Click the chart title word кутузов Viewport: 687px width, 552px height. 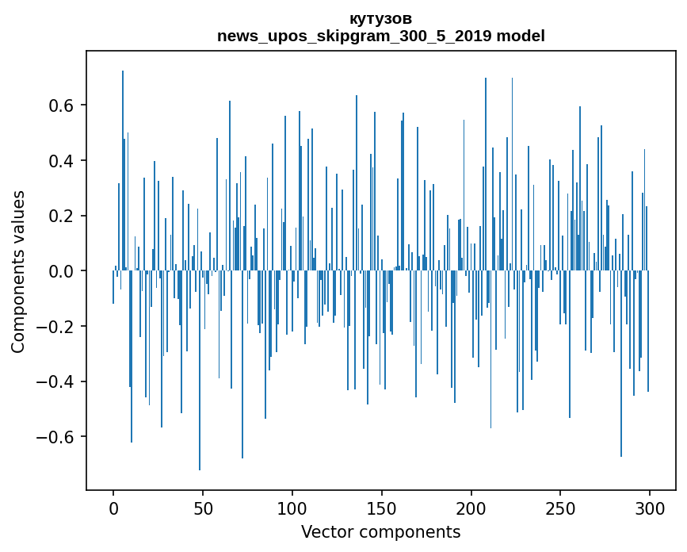(x=380, y=19)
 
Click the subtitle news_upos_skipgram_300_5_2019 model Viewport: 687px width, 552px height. (x=380, y=36)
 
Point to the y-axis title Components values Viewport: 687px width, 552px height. (x=18, y=271)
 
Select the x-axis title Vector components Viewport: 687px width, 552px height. (x=380, y=532)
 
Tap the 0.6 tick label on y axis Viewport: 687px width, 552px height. (x=61, y=105)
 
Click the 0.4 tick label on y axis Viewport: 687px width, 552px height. (x=61, y=161)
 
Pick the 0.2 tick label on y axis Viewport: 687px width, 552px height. (x=61, y=216)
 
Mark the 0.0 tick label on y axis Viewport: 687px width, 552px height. (x=61, y=271)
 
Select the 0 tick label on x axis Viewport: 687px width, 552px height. (x=113, y=508)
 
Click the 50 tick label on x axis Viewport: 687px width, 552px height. (x=203, y=508)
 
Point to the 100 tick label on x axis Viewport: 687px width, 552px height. (x=292, y=508)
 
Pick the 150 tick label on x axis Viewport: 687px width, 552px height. (x=382, y=508)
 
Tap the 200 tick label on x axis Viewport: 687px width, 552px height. (x=471, y=508)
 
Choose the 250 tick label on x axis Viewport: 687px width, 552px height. (x=561, y=508)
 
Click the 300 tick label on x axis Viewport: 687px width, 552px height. (x=651, y=508)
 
